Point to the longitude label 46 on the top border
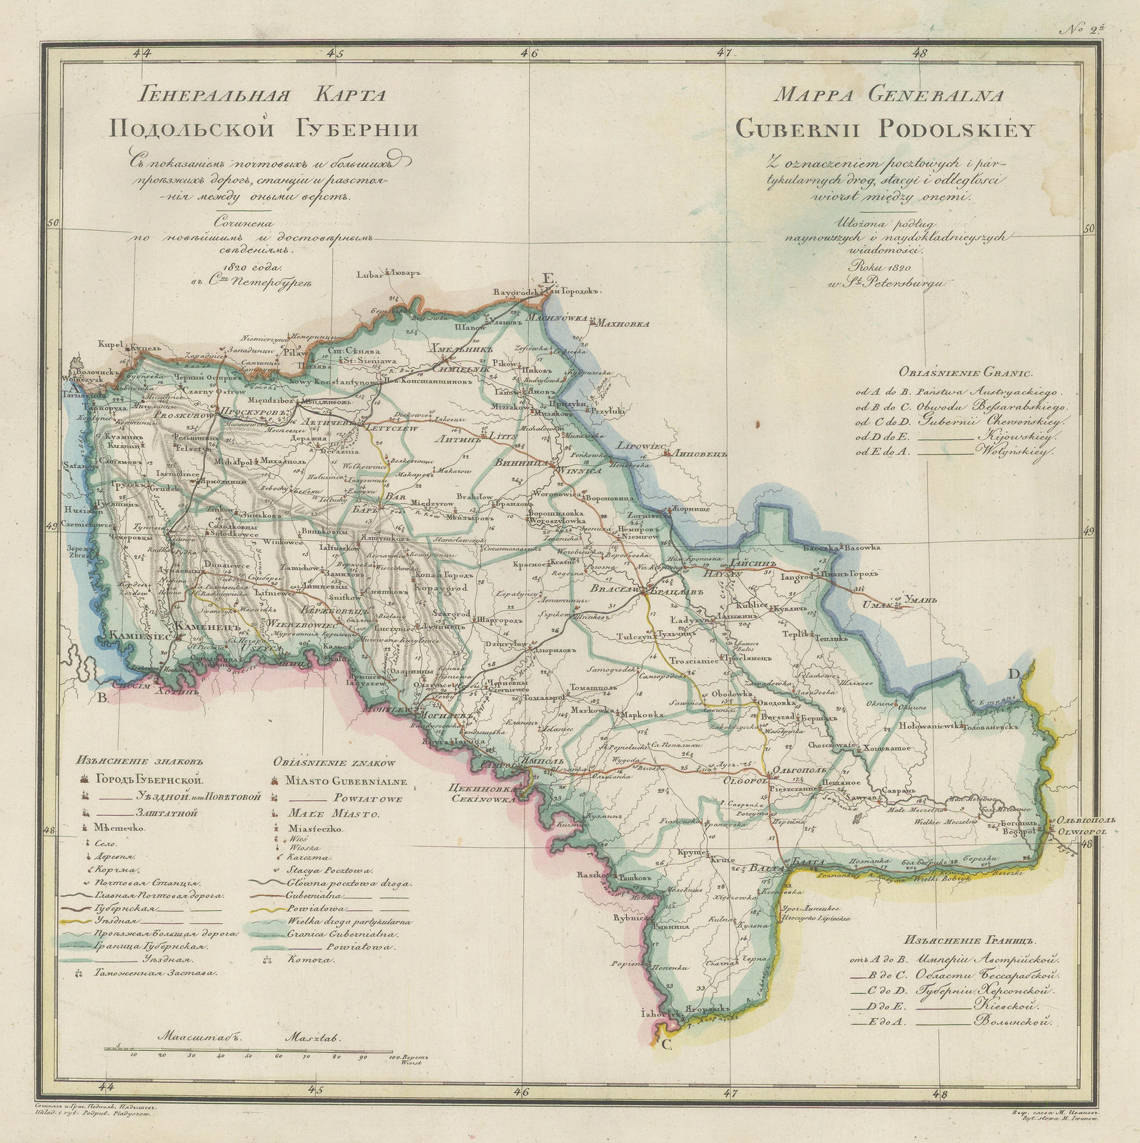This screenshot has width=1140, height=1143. coord(530,52)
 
